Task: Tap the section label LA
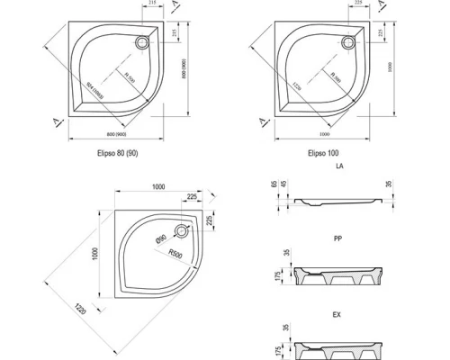click(338, 167)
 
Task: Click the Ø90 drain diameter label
click(158, 238)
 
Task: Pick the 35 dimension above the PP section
click(287, 251)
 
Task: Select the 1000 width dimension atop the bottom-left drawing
click(158, 185)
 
